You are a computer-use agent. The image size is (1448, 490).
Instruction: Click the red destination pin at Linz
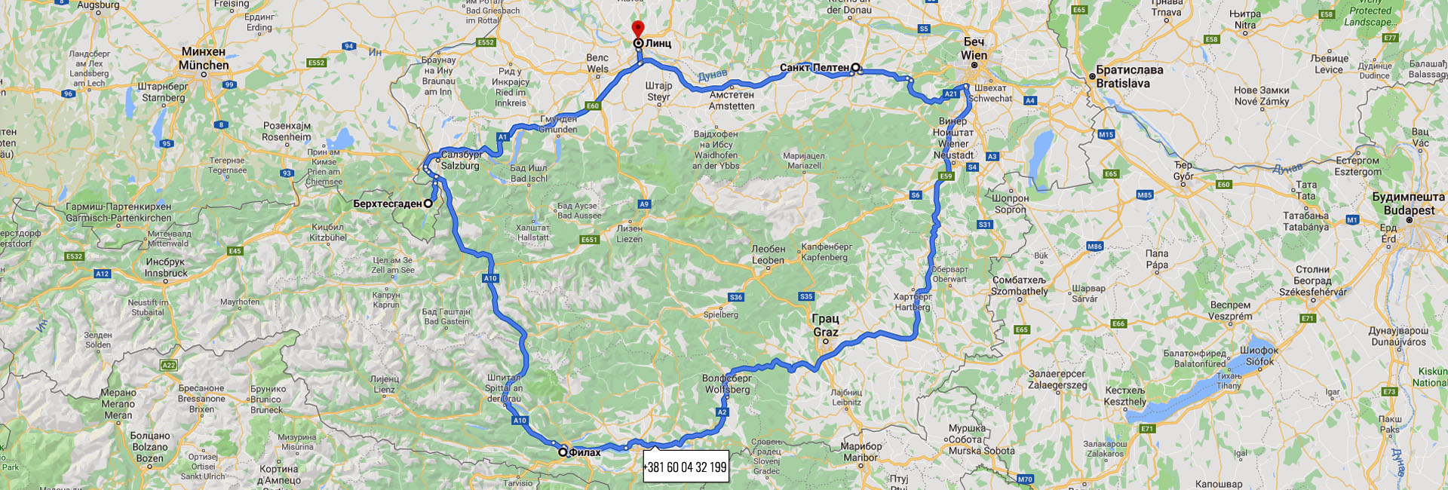click(x=638, y=29)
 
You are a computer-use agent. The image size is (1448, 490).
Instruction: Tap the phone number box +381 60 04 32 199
click(x=686, y=467)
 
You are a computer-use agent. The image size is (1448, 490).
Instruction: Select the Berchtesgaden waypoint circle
click(x=428, y=204)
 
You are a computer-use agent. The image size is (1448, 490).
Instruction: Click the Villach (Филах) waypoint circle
click(x=563, y=452)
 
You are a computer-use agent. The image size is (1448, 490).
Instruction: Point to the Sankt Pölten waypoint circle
click(x=855, y=68)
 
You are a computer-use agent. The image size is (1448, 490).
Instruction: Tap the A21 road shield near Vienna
click(x=951, y=94)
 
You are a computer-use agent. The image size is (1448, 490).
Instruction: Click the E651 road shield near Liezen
click(x=589, y=240)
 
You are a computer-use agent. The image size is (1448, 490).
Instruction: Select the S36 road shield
click(x=736, y=297)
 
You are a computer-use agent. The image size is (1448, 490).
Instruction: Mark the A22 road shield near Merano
click(x=169, y=365)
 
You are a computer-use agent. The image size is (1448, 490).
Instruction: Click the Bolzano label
click(x=149, y=446)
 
